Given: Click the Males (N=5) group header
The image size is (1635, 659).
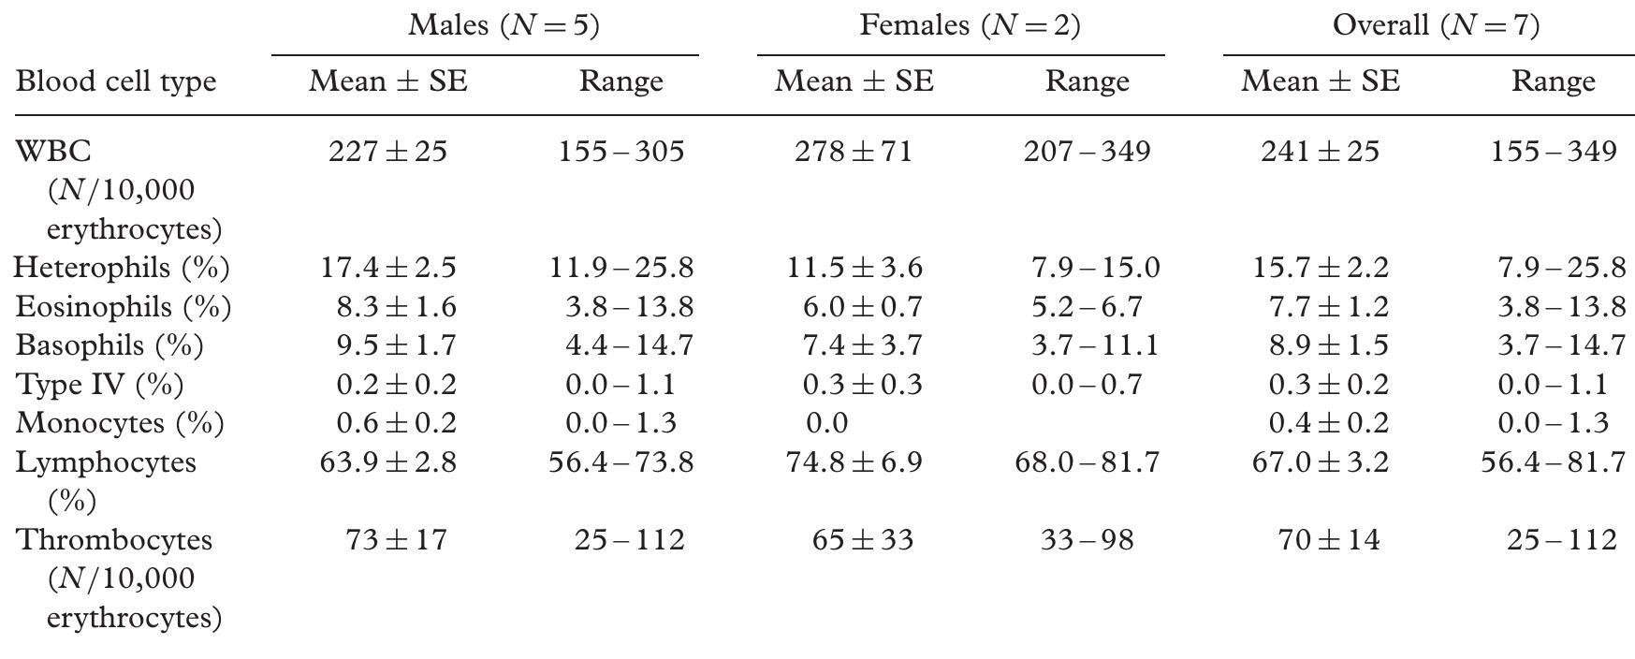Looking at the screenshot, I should click(503, 25).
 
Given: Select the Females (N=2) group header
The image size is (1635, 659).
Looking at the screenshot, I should click(969, 25).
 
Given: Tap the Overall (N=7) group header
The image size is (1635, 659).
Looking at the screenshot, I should click(1435, 25).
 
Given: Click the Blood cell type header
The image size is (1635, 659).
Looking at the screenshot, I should click(116, 81).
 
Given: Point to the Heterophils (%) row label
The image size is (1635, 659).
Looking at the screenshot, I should click(122, 268).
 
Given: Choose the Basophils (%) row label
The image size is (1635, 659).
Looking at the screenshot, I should click(109, 345).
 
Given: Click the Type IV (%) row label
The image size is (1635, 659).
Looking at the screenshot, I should click(99, 385).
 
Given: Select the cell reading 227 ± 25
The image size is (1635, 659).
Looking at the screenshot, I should click(387, 152).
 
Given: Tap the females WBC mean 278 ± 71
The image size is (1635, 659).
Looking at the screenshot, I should click(853, 152).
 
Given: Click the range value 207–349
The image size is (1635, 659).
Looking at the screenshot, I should click(1086, 152).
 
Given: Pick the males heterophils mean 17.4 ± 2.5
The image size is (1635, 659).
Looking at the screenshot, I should click(387, 268).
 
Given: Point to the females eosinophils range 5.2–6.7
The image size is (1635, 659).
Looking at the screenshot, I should click(1086, 307).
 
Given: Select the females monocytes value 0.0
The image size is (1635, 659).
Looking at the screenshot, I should click(826, 423).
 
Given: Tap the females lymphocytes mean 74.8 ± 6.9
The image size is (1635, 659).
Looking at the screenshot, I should click(853, 462).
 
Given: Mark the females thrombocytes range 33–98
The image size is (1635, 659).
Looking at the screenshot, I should click(1086, 540).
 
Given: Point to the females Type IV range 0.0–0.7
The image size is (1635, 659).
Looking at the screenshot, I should click(1086, 385).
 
